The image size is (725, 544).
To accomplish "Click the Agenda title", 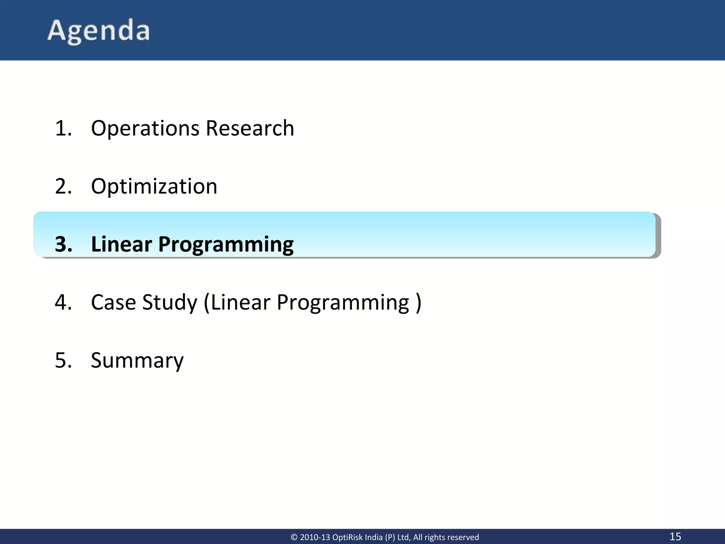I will (98, 31).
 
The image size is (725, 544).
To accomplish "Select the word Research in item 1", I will (250, 128).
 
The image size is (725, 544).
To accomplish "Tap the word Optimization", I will (154, 186).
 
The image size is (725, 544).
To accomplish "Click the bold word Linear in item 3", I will (121, 244).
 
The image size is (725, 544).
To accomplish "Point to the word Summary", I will (137, 361).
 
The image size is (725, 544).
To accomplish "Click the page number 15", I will (675, 536).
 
